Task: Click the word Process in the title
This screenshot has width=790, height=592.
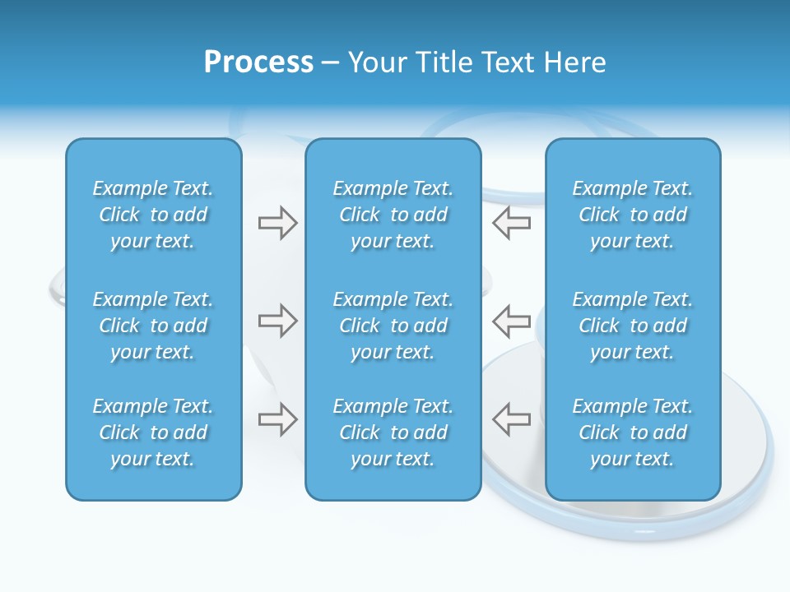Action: (x=258, y=62)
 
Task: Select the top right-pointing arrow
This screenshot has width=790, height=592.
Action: (x=277, y=223)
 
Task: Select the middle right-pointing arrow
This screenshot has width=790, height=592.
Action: (x=277, y=321)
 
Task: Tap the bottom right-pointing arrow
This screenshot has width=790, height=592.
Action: (x=277, y=419)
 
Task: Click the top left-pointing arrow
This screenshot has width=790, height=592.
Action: (x=511, y=223)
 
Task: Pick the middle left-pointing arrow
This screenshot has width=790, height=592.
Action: (x=511, y=321)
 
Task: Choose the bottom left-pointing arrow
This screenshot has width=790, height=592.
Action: (x=511, y=419)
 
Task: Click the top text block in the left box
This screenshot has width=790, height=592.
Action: (x=153, y=215)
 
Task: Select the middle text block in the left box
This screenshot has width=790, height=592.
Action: (x=153, y=326)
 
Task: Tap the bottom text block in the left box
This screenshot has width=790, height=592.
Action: (x=153, y=432)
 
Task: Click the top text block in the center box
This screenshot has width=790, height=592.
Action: (x=393, y=215)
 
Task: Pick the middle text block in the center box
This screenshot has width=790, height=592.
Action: (x=393, y=326)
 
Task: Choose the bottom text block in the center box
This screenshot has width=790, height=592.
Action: (x=393, y=432)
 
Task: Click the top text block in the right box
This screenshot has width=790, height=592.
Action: (x=633, y=215)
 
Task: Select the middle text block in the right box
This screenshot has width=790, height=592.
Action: (x=633, y=326)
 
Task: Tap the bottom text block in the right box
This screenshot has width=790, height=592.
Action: (x=633, y=432)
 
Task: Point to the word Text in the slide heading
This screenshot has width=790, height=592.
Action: (x=506, y=62)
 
